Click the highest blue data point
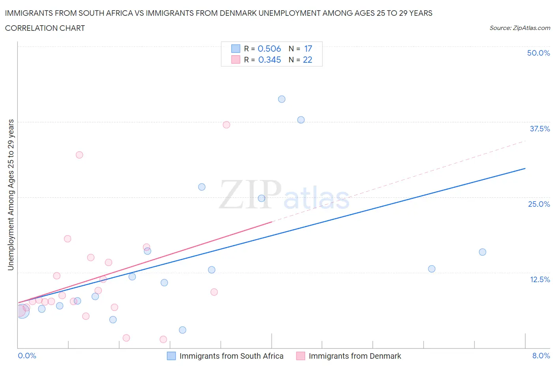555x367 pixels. [x=281, y=99]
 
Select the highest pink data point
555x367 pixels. [x=226, y=125]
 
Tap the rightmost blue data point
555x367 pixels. [x=482, y=252]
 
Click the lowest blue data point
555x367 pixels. [x=182, y=330]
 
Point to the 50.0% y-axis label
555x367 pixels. [x=538, y=53]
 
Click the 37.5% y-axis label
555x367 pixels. [x=540, y=129]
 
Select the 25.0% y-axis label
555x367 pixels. [x=539, y=204]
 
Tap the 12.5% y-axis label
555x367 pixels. [x=540, y=279]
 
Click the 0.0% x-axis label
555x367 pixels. [x=27, y=356]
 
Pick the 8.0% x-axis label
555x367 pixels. [x=541, y=356]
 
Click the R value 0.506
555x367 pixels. [x=269, y=49]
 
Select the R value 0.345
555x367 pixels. [x=269, y=60]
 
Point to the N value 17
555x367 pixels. [x=308, y=49]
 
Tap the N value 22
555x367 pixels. [x=307, y=60]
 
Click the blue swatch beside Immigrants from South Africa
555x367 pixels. [x=171, y=356]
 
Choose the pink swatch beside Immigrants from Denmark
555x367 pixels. [x=300, y=356]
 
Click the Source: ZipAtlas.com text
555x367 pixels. [x=519, y=28]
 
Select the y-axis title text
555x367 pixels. [x=11, y=195]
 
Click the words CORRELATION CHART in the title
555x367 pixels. [x=45, y=28]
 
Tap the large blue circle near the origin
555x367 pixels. [x=22, y=311]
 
